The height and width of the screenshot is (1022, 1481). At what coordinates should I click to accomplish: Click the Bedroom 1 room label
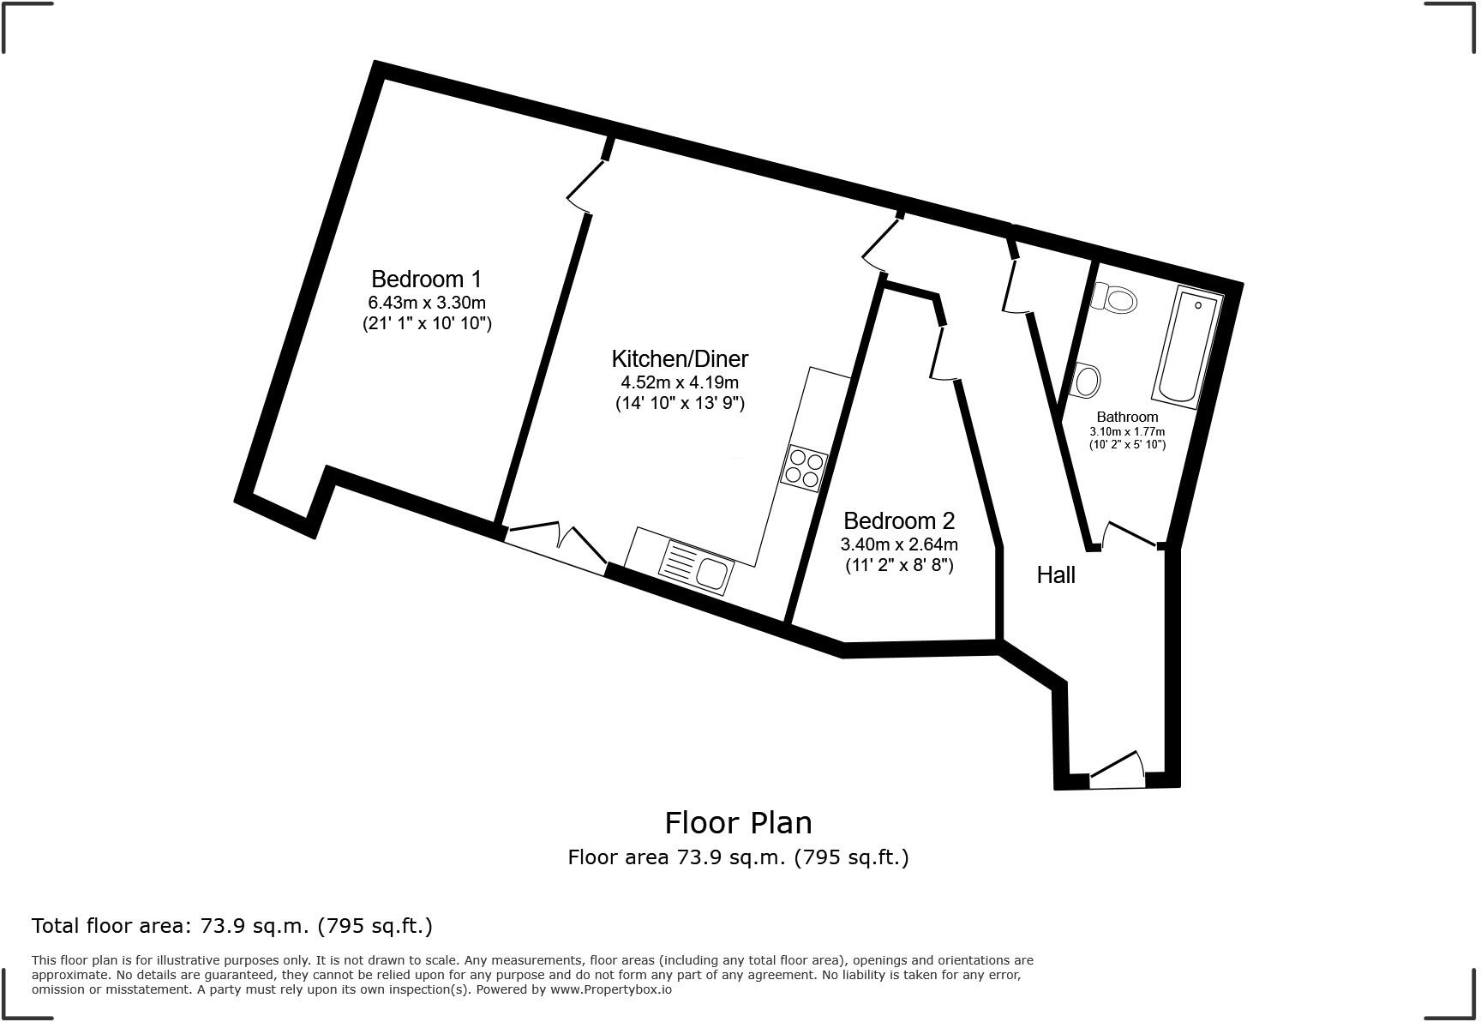[x=426, y=280]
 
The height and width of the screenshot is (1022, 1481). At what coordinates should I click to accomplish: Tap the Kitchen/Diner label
[x=680, y=358]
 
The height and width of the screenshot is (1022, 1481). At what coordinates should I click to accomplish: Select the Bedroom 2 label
[x=898, y=520]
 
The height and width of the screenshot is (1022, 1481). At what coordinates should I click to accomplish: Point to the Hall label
[x=1055, y=575]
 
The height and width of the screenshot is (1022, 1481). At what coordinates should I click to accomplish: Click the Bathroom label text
[x=1127, y=417]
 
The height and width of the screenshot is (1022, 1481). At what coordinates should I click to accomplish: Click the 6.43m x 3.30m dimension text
[x=426, y=303]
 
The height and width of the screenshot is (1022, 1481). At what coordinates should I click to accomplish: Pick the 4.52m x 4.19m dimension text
[x=680, y=382]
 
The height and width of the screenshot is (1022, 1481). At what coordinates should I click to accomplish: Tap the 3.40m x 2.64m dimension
[x=898, y=544]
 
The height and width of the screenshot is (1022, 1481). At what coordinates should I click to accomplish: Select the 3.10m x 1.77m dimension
[x=1127, y=431]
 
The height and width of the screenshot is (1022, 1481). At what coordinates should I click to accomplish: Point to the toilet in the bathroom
[x=1113, y=300]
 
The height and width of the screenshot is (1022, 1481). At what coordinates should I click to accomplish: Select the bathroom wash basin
[x=1086, y=381]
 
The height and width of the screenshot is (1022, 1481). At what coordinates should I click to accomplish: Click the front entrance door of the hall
[x=1117, y=769]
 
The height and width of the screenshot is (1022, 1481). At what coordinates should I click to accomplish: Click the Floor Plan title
[x=738, y=823]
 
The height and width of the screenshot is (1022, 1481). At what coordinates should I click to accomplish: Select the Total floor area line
[x=232, y=926]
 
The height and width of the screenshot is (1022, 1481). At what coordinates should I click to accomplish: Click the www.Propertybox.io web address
[x=611, y=989]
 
